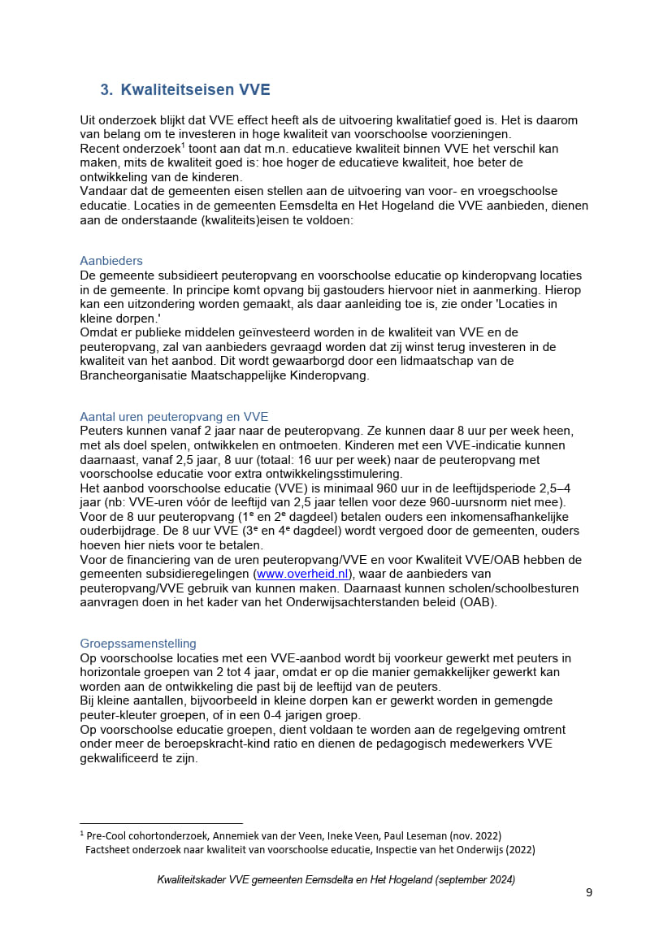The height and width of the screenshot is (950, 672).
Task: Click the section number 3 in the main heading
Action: click(x=105, y=89)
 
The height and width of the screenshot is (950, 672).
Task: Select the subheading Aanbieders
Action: click(x=111, y=261)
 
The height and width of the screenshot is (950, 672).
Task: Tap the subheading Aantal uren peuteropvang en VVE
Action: click(x=174, y=417)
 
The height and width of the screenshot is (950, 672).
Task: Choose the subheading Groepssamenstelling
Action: click(x=138, y=644)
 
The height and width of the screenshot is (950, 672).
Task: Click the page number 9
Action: click(x=589, y=892)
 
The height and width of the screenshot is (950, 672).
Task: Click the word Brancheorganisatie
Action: click(x=141, y=375)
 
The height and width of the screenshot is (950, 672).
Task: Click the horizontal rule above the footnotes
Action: click(x=161, y=823)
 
